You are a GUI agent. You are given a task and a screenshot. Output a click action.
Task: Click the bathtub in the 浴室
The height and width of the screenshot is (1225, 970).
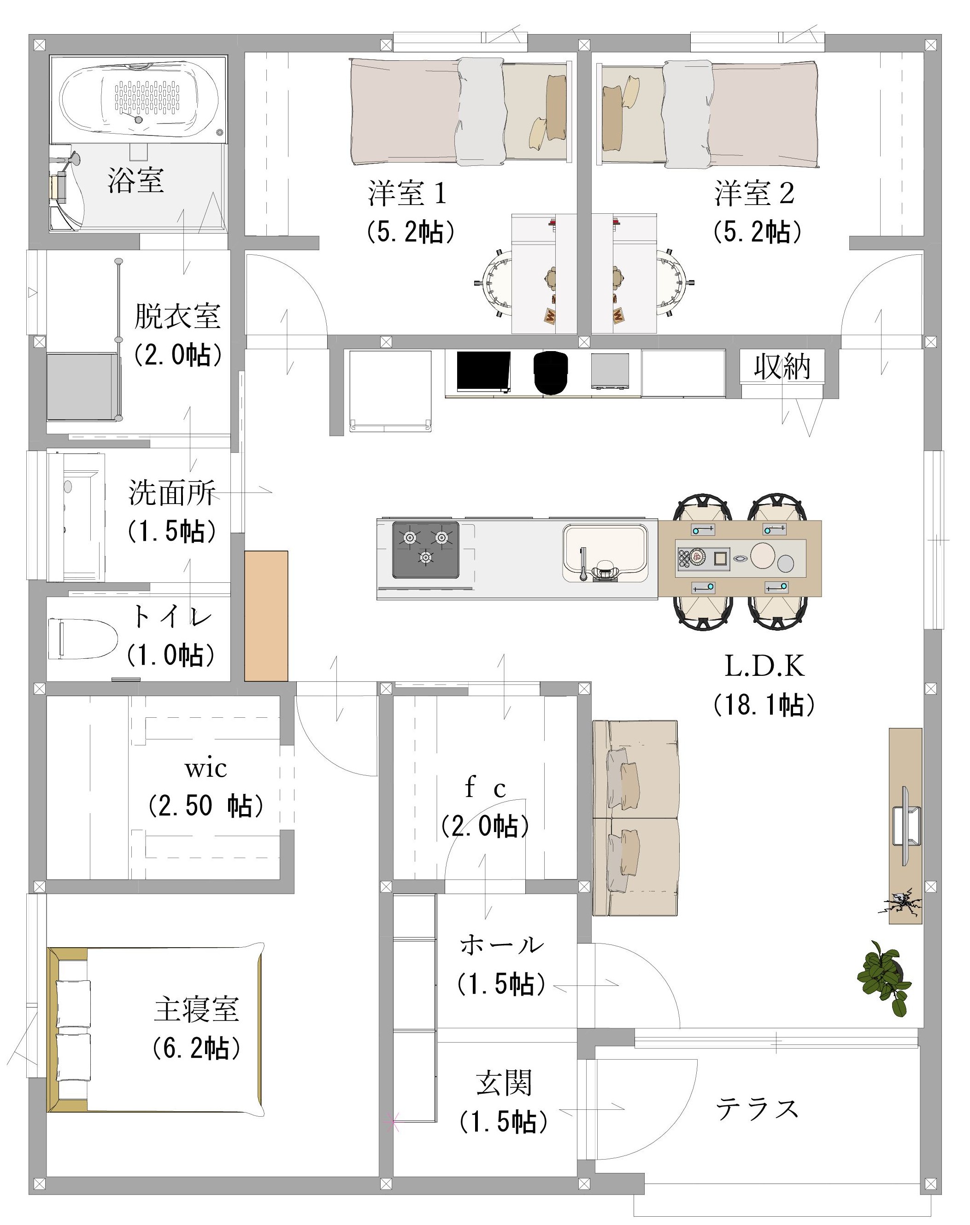pos(139,100)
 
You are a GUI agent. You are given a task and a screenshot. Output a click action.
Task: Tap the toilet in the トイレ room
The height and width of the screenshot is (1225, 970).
pos(82,639)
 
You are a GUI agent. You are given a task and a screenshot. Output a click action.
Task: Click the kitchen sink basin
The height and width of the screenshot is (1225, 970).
pos(605,553)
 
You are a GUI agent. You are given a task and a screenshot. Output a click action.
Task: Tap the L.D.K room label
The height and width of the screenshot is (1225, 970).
pos(764,667)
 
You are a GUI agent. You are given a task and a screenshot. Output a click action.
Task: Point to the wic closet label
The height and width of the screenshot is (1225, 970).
pos(206,769)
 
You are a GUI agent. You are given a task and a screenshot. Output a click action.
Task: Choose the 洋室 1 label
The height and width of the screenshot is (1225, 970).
pos(406,193)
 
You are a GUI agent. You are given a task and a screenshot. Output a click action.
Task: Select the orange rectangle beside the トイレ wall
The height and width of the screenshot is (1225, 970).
pos(266,616)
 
